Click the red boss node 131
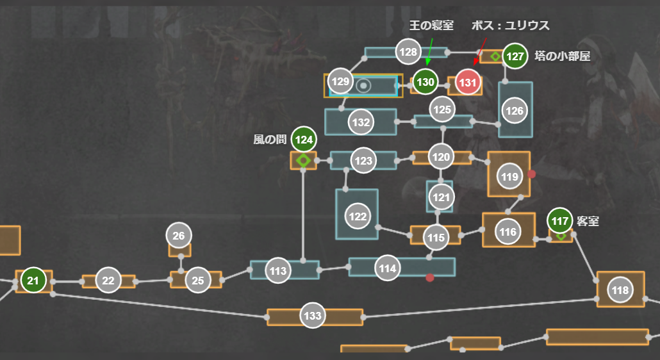468,82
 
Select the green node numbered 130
425,82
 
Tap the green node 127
515,56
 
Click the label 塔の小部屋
562,56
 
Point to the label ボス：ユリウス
510,26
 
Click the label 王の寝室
431,26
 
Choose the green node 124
304,139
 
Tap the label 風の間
269,139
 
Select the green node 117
560,221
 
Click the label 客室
588,221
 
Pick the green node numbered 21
33,280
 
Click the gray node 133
313,316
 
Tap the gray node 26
179,236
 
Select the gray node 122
358,217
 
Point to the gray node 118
620,290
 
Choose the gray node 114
388,269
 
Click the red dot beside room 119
532,174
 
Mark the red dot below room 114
430,278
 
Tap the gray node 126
515,111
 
